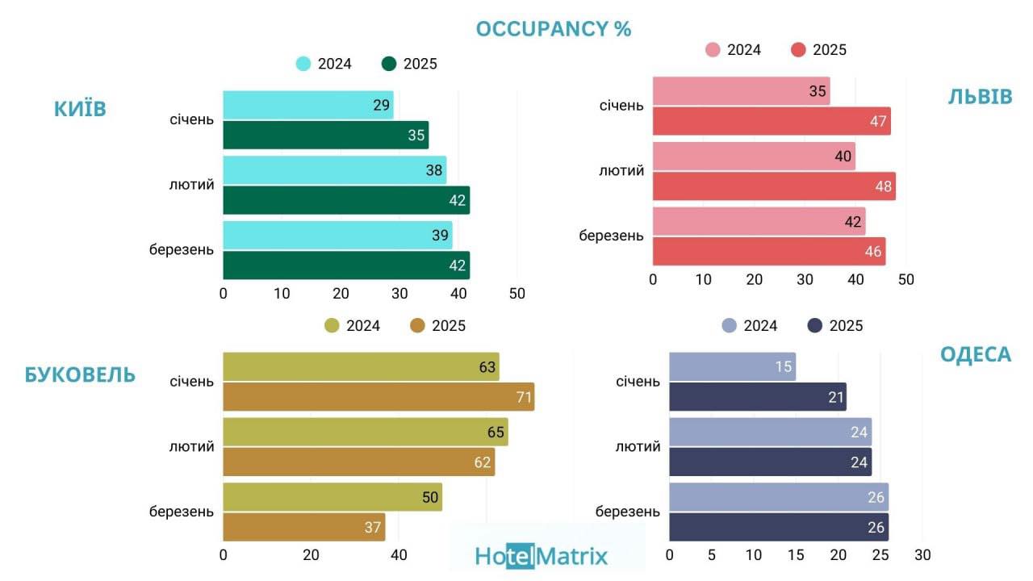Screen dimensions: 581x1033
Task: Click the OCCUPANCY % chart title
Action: pos(553,29)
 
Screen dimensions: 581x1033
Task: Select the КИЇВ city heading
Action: pos(80,109)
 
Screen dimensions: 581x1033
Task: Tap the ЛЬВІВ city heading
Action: pos(979,97)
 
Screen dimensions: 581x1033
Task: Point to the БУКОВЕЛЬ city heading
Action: pos(80,374)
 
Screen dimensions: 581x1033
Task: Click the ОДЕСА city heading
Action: pos(975,354)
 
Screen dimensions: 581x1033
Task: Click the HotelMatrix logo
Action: pos(542,555)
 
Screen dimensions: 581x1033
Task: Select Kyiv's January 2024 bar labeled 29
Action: pos(307,105)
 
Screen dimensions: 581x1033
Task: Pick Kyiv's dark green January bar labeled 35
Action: pos(325,135)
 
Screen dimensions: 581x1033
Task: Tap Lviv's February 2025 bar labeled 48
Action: pos(773,186)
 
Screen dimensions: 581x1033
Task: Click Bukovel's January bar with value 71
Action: pos(378,396)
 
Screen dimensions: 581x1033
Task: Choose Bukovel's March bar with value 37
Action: pos(303,527)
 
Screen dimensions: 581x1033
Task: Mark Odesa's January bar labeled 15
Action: pos(732,366)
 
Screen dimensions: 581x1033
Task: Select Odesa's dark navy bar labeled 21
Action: pos(757,396)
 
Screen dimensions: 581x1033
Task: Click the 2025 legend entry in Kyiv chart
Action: pos(410,64)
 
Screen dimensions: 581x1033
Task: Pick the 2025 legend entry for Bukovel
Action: pos(438,326)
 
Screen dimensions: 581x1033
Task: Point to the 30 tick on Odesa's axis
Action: pos(922,555)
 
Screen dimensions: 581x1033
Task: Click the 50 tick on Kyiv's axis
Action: pos(516,294)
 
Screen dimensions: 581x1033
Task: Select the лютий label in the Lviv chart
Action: pos(621,171)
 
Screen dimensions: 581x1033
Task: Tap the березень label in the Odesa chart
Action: pos(627,512)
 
